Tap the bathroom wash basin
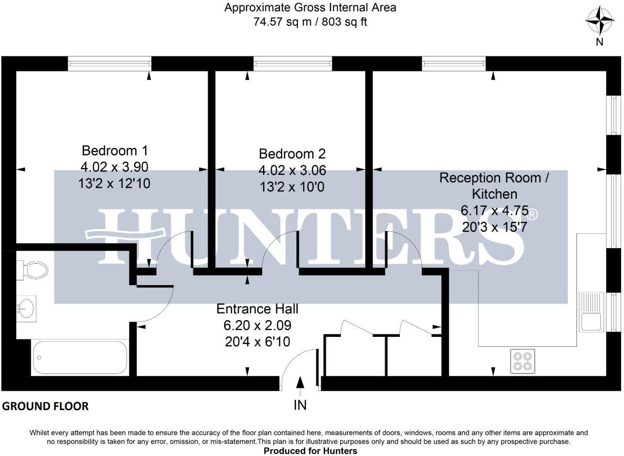tap(27, 308)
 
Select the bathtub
tap(80, 357)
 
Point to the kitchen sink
tap(591, 312)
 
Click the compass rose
tap(600, 21)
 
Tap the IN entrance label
tap(300, 405)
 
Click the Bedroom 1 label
tap(114, 151)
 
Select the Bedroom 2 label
tap(292, 154)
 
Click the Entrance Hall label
tap(257, 309)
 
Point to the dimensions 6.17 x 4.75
tap(494, 211)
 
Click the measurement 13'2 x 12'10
tap(114, 183)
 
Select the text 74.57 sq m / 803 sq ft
tap(310, 22)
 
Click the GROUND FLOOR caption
tap(45, 406)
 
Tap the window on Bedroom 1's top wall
tap(110, 64)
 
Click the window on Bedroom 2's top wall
tap(293, 64)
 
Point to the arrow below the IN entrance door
tap(300, 384)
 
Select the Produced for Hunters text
tap(310, 451)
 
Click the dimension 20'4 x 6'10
tap(257, 342)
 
